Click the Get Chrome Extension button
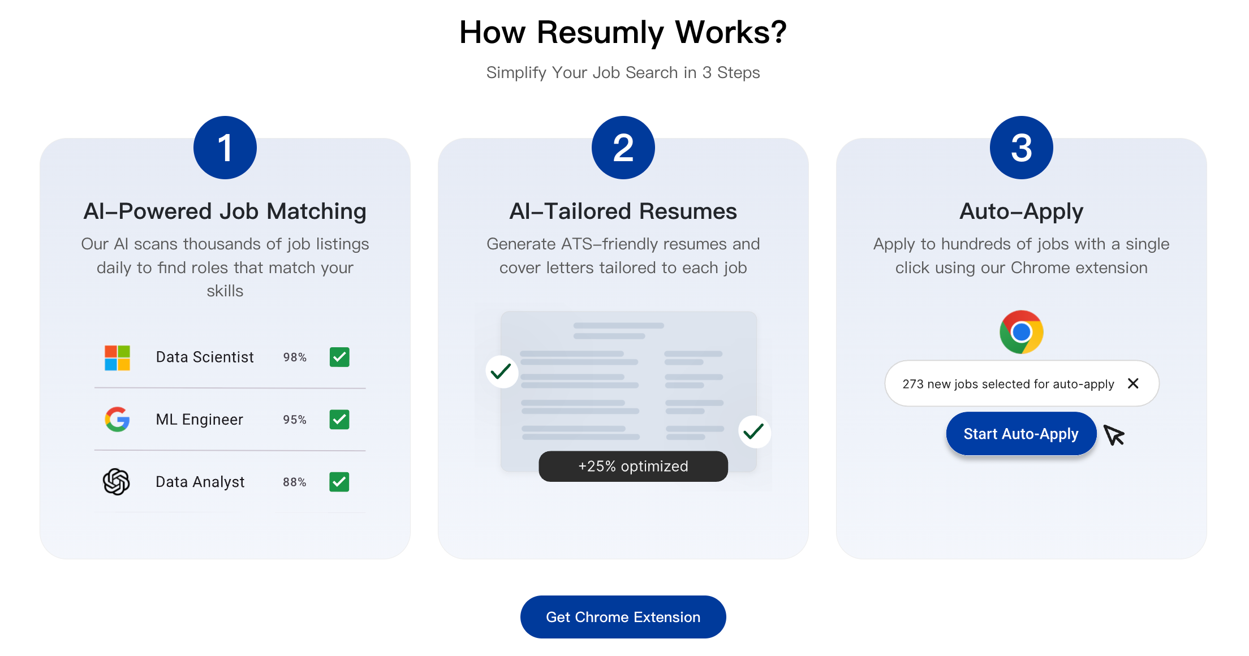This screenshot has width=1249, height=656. [x=623, y=617]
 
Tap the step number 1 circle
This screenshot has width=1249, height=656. [x=225, y=148]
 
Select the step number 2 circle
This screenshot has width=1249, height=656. [x=623, y=148]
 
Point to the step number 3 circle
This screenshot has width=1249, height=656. [x=1021, y=148]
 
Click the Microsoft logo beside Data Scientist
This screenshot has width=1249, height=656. [x=117, y=357]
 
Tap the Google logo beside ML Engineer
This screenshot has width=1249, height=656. [x=117, y=420]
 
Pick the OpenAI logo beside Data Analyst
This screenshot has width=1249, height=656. [x=117, y=482]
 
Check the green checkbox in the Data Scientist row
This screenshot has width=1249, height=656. [x=339, y=357]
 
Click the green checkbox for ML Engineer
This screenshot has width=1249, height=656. [x=339, y=420]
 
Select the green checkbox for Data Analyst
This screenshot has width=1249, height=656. [x=339, y=482]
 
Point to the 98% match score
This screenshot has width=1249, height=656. [x=295, y=357]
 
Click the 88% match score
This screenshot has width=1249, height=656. [x=295, y=482]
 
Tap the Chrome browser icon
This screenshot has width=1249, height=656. [x=1021, y=332]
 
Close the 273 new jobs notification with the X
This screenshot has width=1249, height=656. [x=1133, y=383]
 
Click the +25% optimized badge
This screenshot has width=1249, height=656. [x=633, y=467]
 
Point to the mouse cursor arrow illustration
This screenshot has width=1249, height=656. [x=1114, y=435]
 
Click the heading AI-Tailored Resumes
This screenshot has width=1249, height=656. [x=623, y=212]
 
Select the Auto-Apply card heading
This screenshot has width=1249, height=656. [x=1021, y=212]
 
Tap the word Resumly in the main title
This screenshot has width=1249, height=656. [x=600, y=32]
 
